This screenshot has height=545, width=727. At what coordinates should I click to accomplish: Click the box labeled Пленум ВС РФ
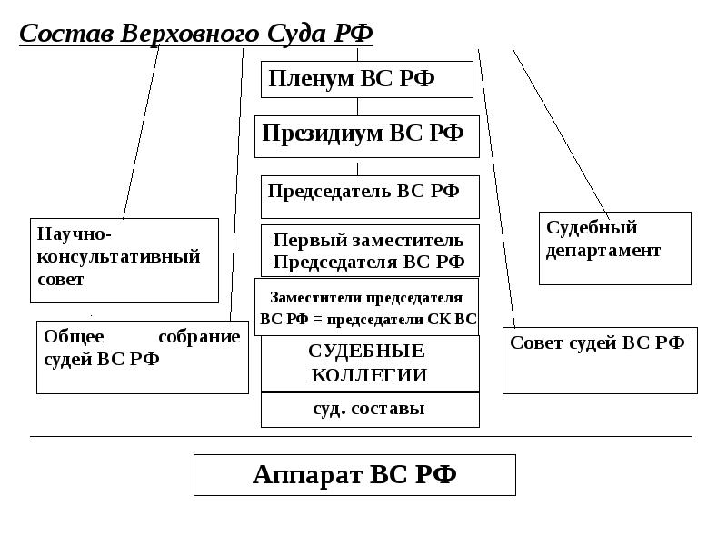tap(366, 79)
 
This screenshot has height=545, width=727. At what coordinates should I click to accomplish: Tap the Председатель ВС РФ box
tap(369, 196)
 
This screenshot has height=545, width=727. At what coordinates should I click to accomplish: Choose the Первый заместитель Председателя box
tap(369, 251)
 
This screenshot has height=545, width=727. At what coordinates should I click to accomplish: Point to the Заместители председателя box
tap(367, 308)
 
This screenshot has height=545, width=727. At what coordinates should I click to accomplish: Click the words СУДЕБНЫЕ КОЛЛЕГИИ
tap(367, 363)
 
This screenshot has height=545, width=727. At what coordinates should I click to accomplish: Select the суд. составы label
tap(368, 409)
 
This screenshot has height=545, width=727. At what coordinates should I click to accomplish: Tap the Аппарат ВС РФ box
tap(354, 474)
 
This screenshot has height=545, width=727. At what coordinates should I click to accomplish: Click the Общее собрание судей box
tap(142, 356)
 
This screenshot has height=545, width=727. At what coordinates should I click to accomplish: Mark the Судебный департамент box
tap(616, 247)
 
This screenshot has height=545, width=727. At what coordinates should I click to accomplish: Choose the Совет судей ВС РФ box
tap(599, 360)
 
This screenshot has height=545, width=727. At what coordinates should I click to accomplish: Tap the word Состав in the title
tap(55, 34)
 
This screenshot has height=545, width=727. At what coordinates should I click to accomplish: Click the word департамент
tap(603, 251)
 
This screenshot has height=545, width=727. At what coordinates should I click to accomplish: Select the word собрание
tap(199, 337)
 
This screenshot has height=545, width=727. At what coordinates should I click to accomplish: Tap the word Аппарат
tap(306, 474)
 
